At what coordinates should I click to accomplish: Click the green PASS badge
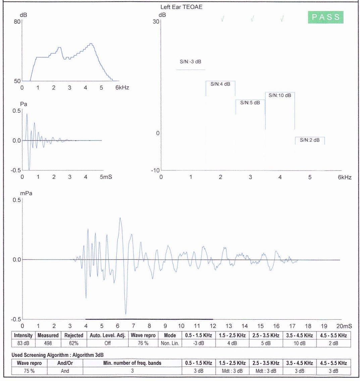(x=326, y=17)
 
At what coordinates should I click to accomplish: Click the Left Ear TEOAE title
(x=182, y=7)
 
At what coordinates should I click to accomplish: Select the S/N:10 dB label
(x=280, y=96)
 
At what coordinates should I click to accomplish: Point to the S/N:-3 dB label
(x=191, y=62)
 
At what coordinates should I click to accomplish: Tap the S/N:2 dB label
(x=310, y=140)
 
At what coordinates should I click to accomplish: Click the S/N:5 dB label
(x=250, y=103)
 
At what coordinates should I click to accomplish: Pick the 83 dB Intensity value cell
(x=23, y=343)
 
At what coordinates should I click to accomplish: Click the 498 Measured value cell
(x=48, y=343)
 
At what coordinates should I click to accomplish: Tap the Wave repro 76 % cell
(x=143, y=343)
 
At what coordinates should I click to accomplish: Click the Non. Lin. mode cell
(x=170, y=343)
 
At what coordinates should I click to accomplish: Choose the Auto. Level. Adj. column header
(x=107, y=335)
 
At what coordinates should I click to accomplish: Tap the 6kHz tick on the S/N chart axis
(x=344, y=177)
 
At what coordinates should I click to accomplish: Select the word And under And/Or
(x=65, y=371)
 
